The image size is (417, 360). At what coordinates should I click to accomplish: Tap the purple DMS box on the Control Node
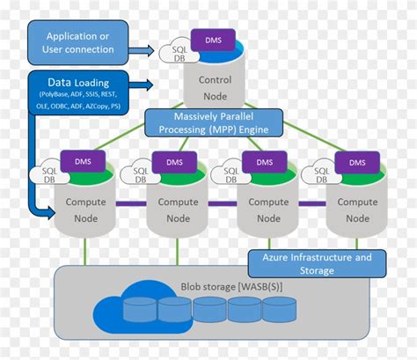coord(213,40)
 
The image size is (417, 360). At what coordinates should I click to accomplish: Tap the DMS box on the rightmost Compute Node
coord(357,162)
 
